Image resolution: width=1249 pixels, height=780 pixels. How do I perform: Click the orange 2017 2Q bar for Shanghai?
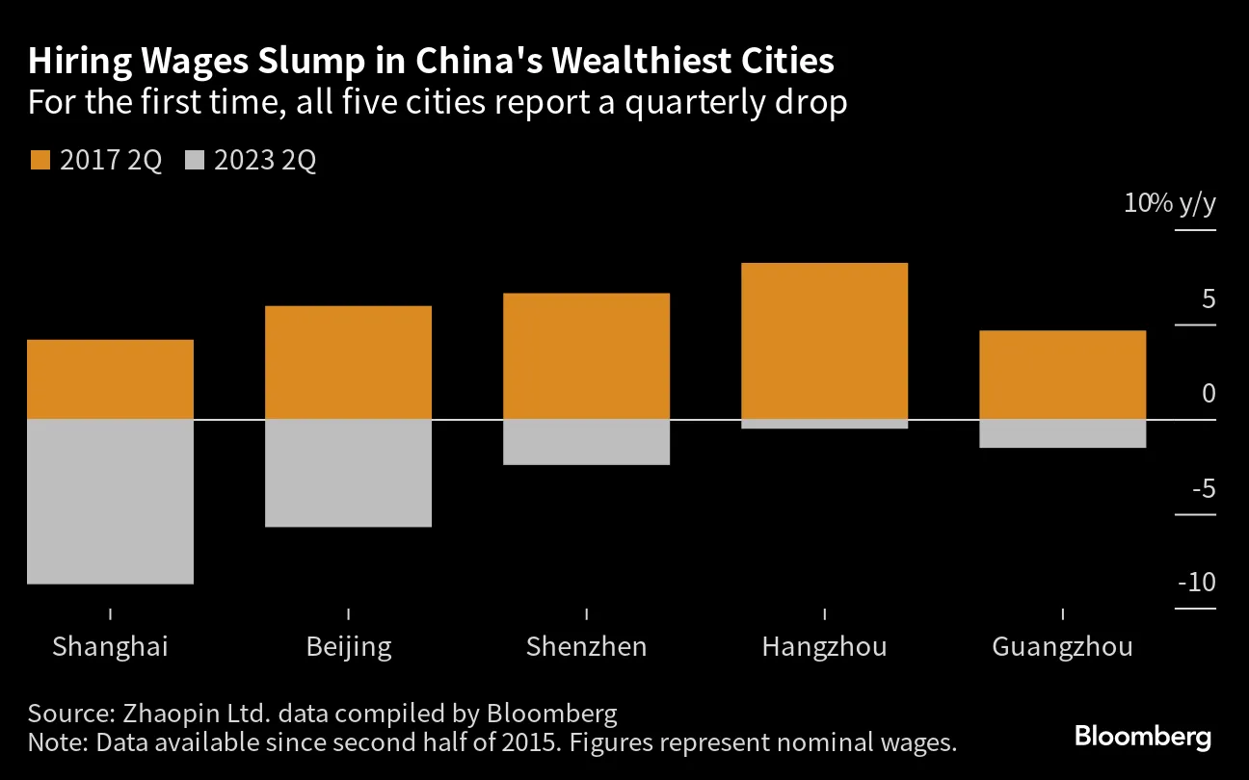coord(110,379)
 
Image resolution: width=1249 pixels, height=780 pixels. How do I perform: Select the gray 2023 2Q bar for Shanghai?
coord(110,502)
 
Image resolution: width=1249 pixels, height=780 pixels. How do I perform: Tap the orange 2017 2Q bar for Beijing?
coord(348,362)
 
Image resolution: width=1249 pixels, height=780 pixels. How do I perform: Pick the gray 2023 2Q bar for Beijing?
coord(348,473)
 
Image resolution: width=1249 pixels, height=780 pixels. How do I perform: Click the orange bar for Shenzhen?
coord(586,356)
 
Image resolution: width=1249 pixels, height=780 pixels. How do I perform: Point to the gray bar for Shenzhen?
coord(586,442)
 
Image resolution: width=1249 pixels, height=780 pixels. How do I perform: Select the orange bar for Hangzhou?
coord(824,341)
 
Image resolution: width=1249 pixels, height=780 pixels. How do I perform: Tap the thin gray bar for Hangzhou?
coord(824,424)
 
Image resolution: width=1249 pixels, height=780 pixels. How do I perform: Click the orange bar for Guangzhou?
coord(1062,375)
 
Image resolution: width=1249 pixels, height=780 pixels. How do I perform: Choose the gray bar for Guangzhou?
coord(1062,433)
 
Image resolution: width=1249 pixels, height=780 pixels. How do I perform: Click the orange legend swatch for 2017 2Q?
coord(40,161)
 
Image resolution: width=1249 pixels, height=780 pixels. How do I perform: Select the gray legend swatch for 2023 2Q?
coord(195,161)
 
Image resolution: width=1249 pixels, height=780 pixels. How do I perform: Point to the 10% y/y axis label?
coord(1169,204)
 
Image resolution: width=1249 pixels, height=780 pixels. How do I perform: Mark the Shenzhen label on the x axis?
coord(586,646)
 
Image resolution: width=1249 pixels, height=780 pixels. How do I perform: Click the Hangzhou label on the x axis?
coord(824,646)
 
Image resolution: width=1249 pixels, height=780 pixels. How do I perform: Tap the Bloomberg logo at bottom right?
coord(1142,738)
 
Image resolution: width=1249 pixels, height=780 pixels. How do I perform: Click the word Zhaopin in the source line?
coord(161,714)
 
